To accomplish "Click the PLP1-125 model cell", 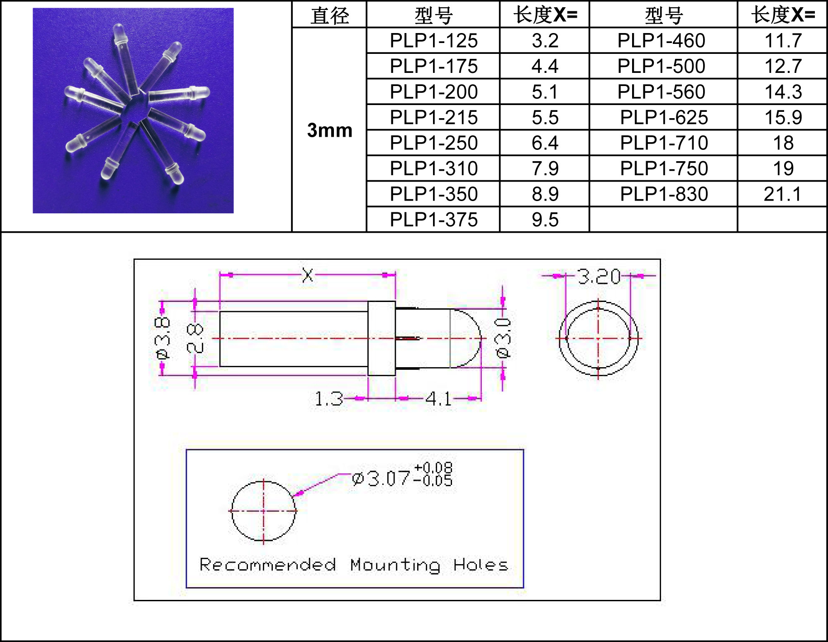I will point(433,41).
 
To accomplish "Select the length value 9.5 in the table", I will point(545,220).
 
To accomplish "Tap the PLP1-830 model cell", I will point(663,194).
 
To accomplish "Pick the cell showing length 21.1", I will point(782,194).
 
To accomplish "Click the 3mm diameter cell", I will point(329,130).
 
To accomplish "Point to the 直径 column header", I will point(329,15).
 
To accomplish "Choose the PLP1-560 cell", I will point(661,92).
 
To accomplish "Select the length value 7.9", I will point(545,168).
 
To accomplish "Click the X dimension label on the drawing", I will point(308,275).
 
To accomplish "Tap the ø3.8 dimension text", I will point(162,338).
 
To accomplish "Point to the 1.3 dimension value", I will point(328,399).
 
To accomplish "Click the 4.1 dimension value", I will point(438,399).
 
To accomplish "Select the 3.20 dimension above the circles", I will point(599,276).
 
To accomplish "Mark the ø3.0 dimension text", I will point(504,338).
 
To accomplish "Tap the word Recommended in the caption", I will point(267,565).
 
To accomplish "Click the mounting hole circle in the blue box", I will point(263,511).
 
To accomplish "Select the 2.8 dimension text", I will point(195,338).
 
